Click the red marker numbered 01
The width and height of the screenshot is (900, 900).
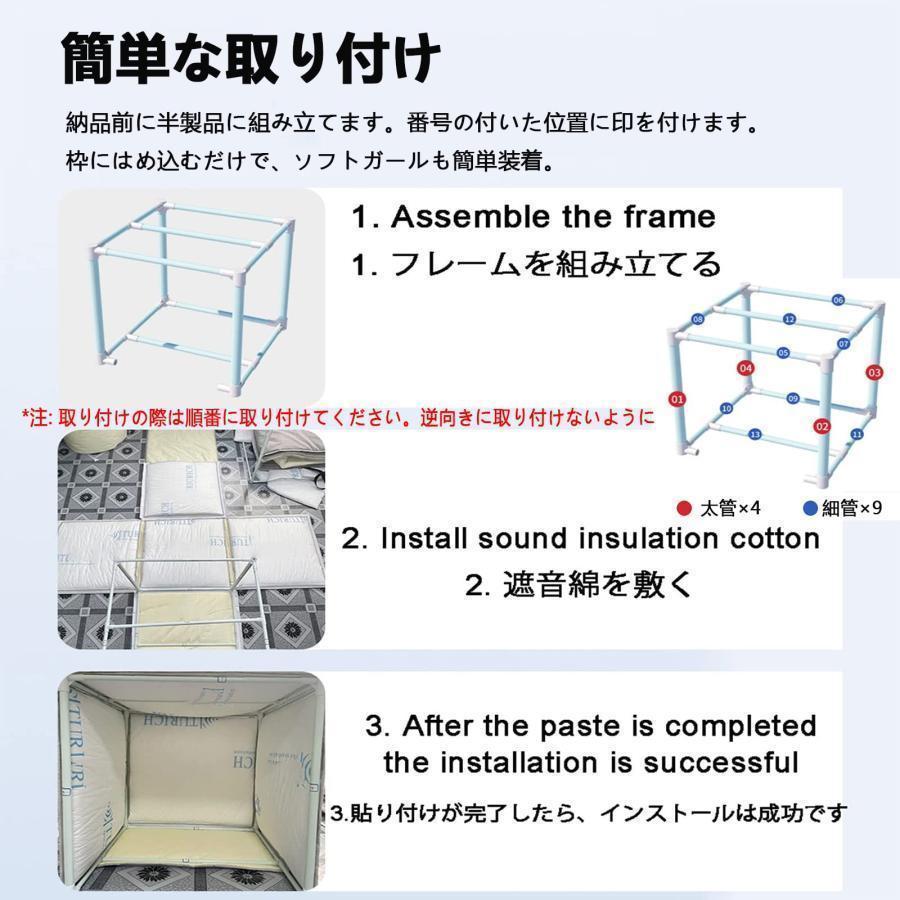tap(677, 400)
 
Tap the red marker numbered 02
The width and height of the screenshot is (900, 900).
tap(823, 427)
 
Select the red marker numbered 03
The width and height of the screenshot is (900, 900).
tap(874, 373)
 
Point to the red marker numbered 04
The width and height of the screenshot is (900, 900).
tap(745, 368)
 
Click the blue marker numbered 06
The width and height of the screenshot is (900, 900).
tap(838, 300)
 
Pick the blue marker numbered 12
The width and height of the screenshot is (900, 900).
tap(789, 319)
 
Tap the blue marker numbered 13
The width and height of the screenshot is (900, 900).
tap(755, 434)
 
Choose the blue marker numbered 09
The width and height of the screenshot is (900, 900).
tap(792, 398)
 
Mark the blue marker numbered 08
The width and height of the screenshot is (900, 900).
tap(698, 319)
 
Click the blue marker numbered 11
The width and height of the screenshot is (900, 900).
tap(856, 434)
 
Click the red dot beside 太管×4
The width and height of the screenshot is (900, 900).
tap(684, 508)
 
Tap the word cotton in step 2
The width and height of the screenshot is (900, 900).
tap(769, 538)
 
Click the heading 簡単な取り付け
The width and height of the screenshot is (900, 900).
tap(250, 60)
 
